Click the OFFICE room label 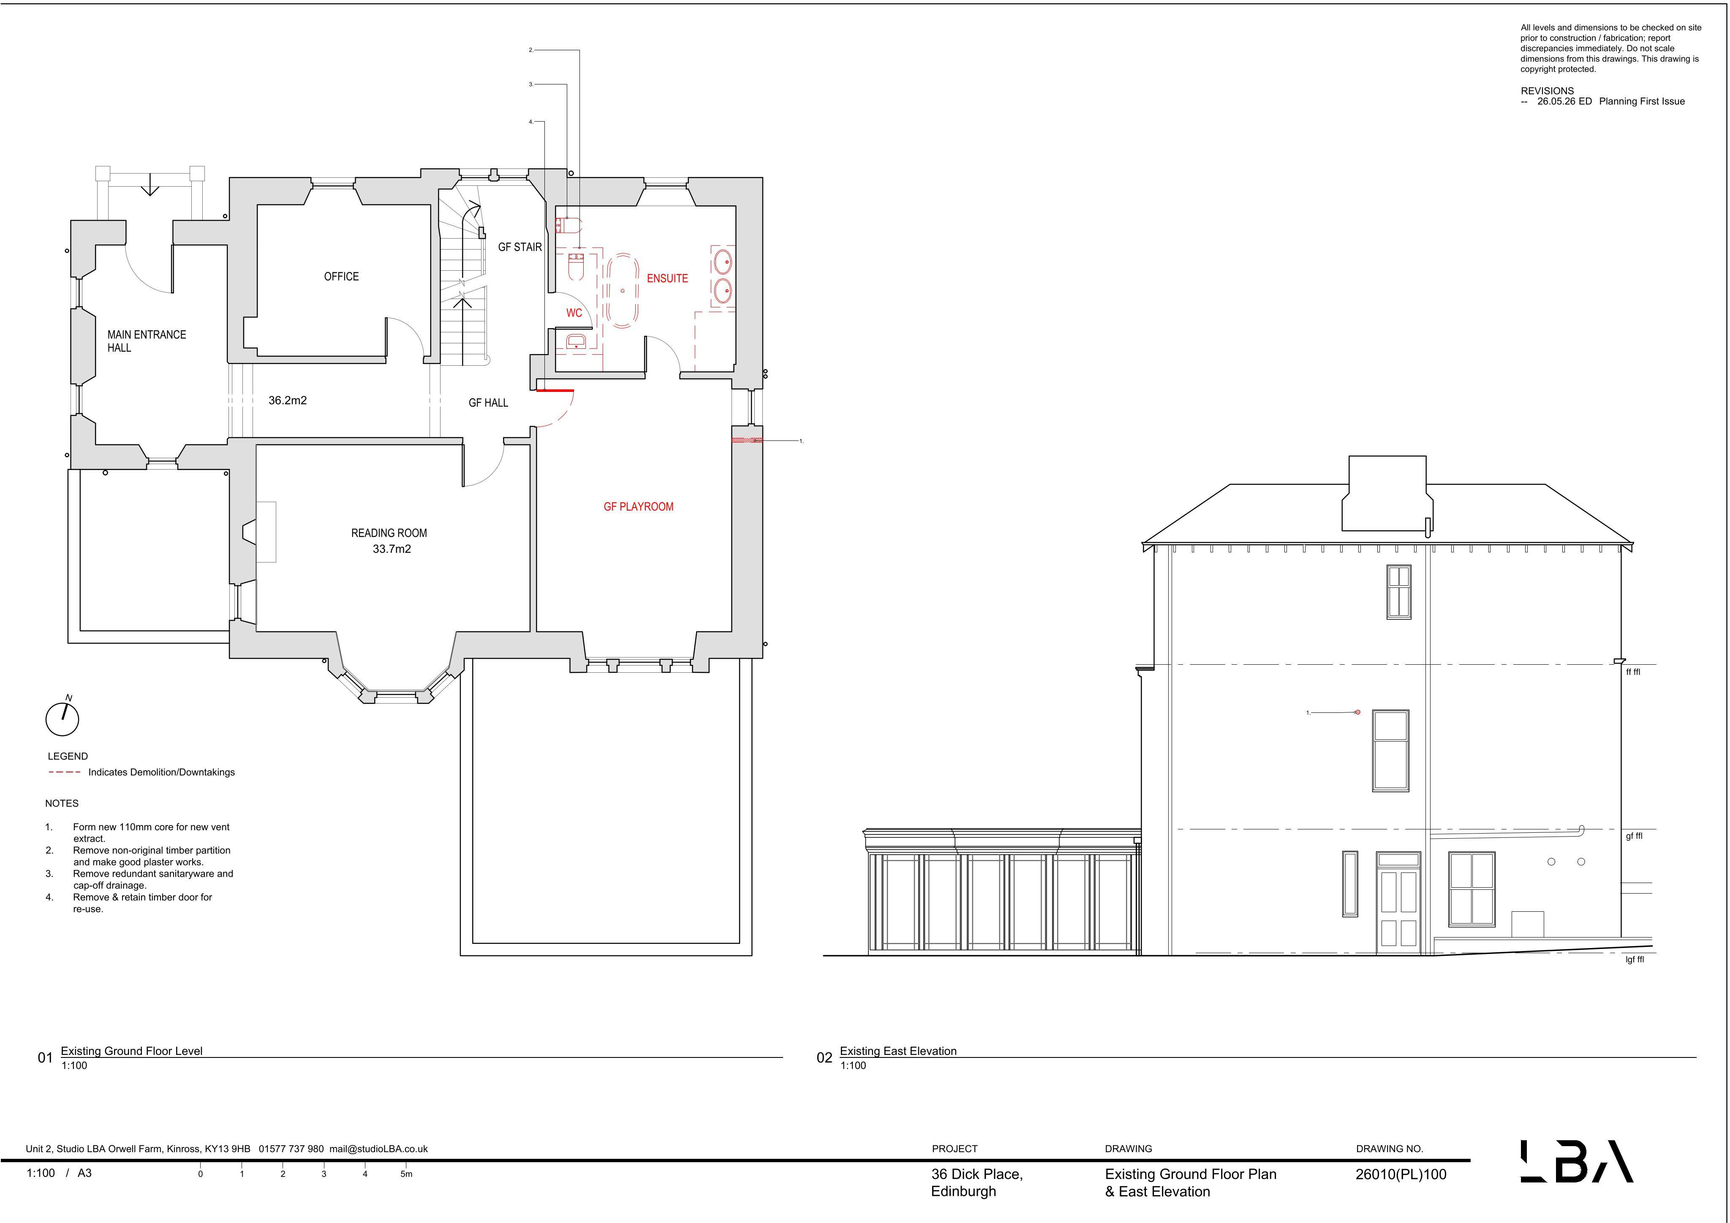coord(341,277)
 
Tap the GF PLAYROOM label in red coord(638,506)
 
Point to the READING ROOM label coord(389,533)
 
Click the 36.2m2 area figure coord(288,400)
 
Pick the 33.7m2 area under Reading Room coord(392,549)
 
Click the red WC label coord(574,313)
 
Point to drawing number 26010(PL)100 coord(1401,1174)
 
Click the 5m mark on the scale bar coord(406,1174)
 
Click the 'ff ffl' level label coord(1633,671)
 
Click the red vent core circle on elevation coord(1358,712)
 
